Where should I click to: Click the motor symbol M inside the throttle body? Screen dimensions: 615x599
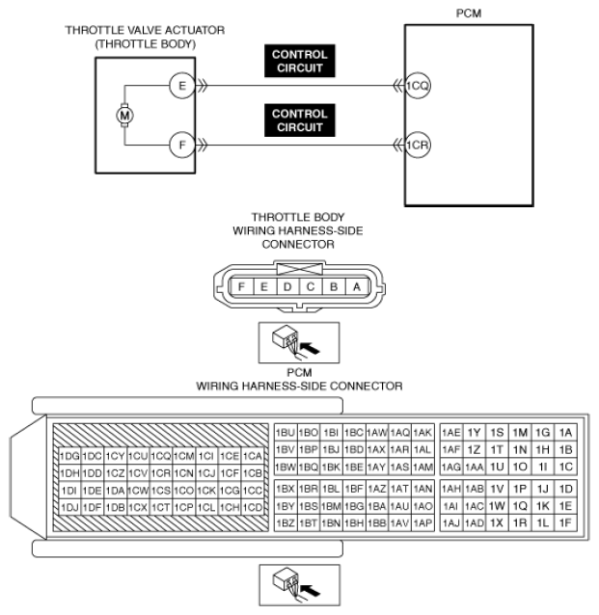click(x=123, y=116)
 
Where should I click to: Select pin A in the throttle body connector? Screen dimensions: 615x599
click(x=357, y=286)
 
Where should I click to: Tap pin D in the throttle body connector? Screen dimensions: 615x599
click(x=287, y=286)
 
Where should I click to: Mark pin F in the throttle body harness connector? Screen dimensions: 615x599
click(x=241, y=286)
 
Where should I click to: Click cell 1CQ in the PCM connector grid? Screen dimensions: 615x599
click(x=161, y=456)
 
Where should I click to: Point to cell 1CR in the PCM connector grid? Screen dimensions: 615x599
click(x=161, y=473)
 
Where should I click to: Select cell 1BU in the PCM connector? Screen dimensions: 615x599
click(x=285, y=433)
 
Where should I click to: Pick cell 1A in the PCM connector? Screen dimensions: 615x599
click(x=566, y=433)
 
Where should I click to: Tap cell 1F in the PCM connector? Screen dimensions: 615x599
click(x=566, y=521)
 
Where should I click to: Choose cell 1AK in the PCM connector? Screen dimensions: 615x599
click(x=422, y=433)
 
